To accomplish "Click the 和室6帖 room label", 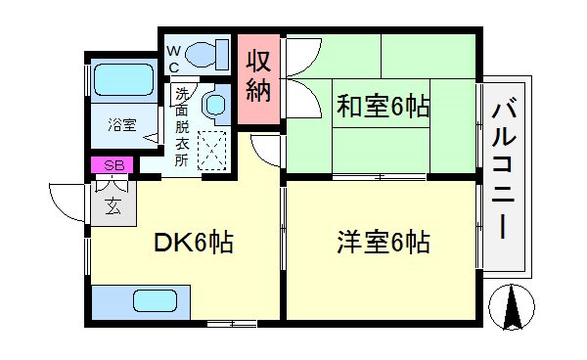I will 384,107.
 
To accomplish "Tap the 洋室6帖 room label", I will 384,241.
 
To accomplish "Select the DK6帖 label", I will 192,243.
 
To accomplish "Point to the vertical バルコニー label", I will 505,170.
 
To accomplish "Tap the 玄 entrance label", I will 113,205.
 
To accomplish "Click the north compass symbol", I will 511,308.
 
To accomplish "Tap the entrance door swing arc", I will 64,201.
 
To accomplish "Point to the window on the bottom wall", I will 233,322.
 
